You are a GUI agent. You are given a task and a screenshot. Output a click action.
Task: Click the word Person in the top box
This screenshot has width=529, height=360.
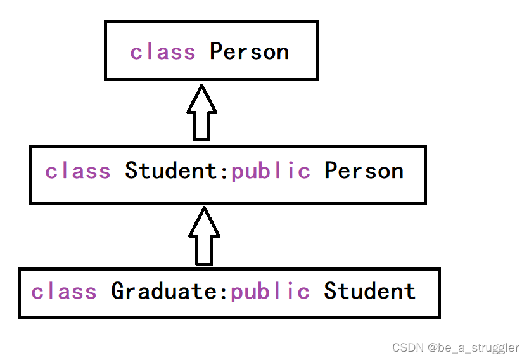[249, 52]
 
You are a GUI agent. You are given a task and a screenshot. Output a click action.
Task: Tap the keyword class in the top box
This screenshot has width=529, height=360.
[163, 52]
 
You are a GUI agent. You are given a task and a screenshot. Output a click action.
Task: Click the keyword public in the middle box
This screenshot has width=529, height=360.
[271, 171]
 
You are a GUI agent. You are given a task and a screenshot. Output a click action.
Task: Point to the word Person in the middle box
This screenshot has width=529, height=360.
[364, 171]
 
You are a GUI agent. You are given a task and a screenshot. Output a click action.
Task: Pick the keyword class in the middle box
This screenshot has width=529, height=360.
[78, 171]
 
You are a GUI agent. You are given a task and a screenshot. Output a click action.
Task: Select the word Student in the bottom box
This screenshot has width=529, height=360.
[369, 292]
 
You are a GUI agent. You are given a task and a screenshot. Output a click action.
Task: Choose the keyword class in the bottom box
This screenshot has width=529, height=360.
[64, 292]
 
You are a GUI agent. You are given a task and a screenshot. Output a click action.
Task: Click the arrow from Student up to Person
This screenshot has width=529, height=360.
[201, 114]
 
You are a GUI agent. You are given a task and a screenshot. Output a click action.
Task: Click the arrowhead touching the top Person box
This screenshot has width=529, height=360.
[201, 99]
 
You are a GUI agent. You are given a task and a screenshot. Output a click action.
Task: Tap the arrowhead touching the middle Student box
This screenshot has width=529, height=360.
[204, 221]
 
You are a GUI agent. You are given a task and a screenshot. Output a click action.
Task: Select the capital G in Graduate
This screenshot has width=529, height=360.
[118, 292]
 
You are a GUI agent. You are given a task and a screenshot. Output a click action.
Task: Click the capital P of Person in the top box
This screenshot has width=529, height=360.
[217, 52]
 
